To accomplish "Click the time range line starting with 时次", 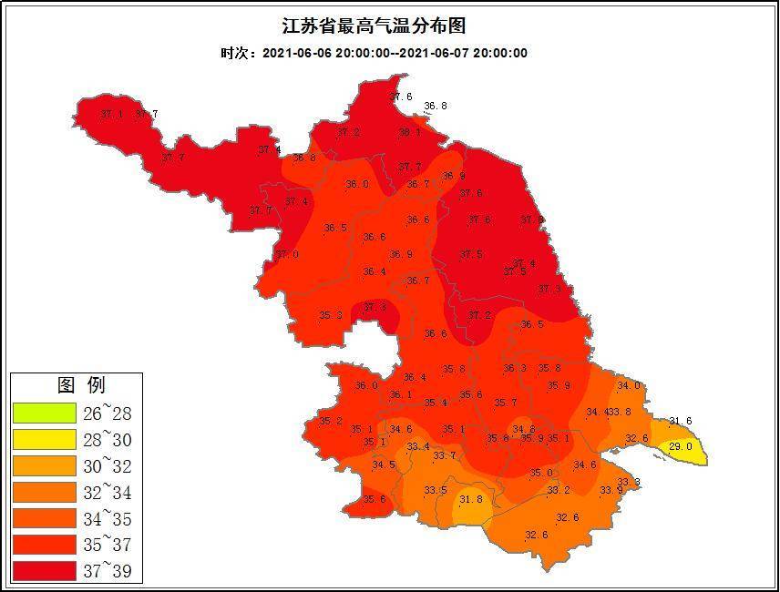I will click(x=374, y=53).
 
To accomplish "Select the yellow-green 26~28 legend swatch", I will click(x=44, y=413).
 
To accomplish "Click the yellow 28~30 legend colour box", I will click(x=44, y=440).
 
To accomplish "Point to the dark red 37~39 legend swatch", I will click(x=44, y=571).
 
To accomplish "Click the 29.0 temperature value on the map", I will click(x=681, y=446).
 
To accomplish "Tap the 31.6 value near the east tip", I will click(x=681, y=421).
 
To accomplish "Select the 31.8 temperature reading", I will click(x=470, y=499).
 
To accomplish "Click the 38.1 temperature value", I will click(x=410, y=132).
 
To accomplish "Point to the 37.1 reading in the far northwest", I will click(x=111, y=114).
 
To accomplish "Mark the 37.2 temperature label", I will click(x=348, y=132).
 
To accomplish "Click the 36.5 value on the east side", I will click(x=532, y=324).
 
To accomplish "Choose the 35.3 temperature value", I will click(x=330, y=315).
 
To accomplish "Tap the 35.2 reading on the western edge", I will click(x=330, y=421).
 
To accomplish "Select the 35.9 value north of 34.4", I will click(x=559, y=385).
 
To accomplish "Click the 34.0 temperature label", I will click(x=629, y=385).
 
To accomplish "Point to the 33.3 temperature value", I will click(x=629, y=482).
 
